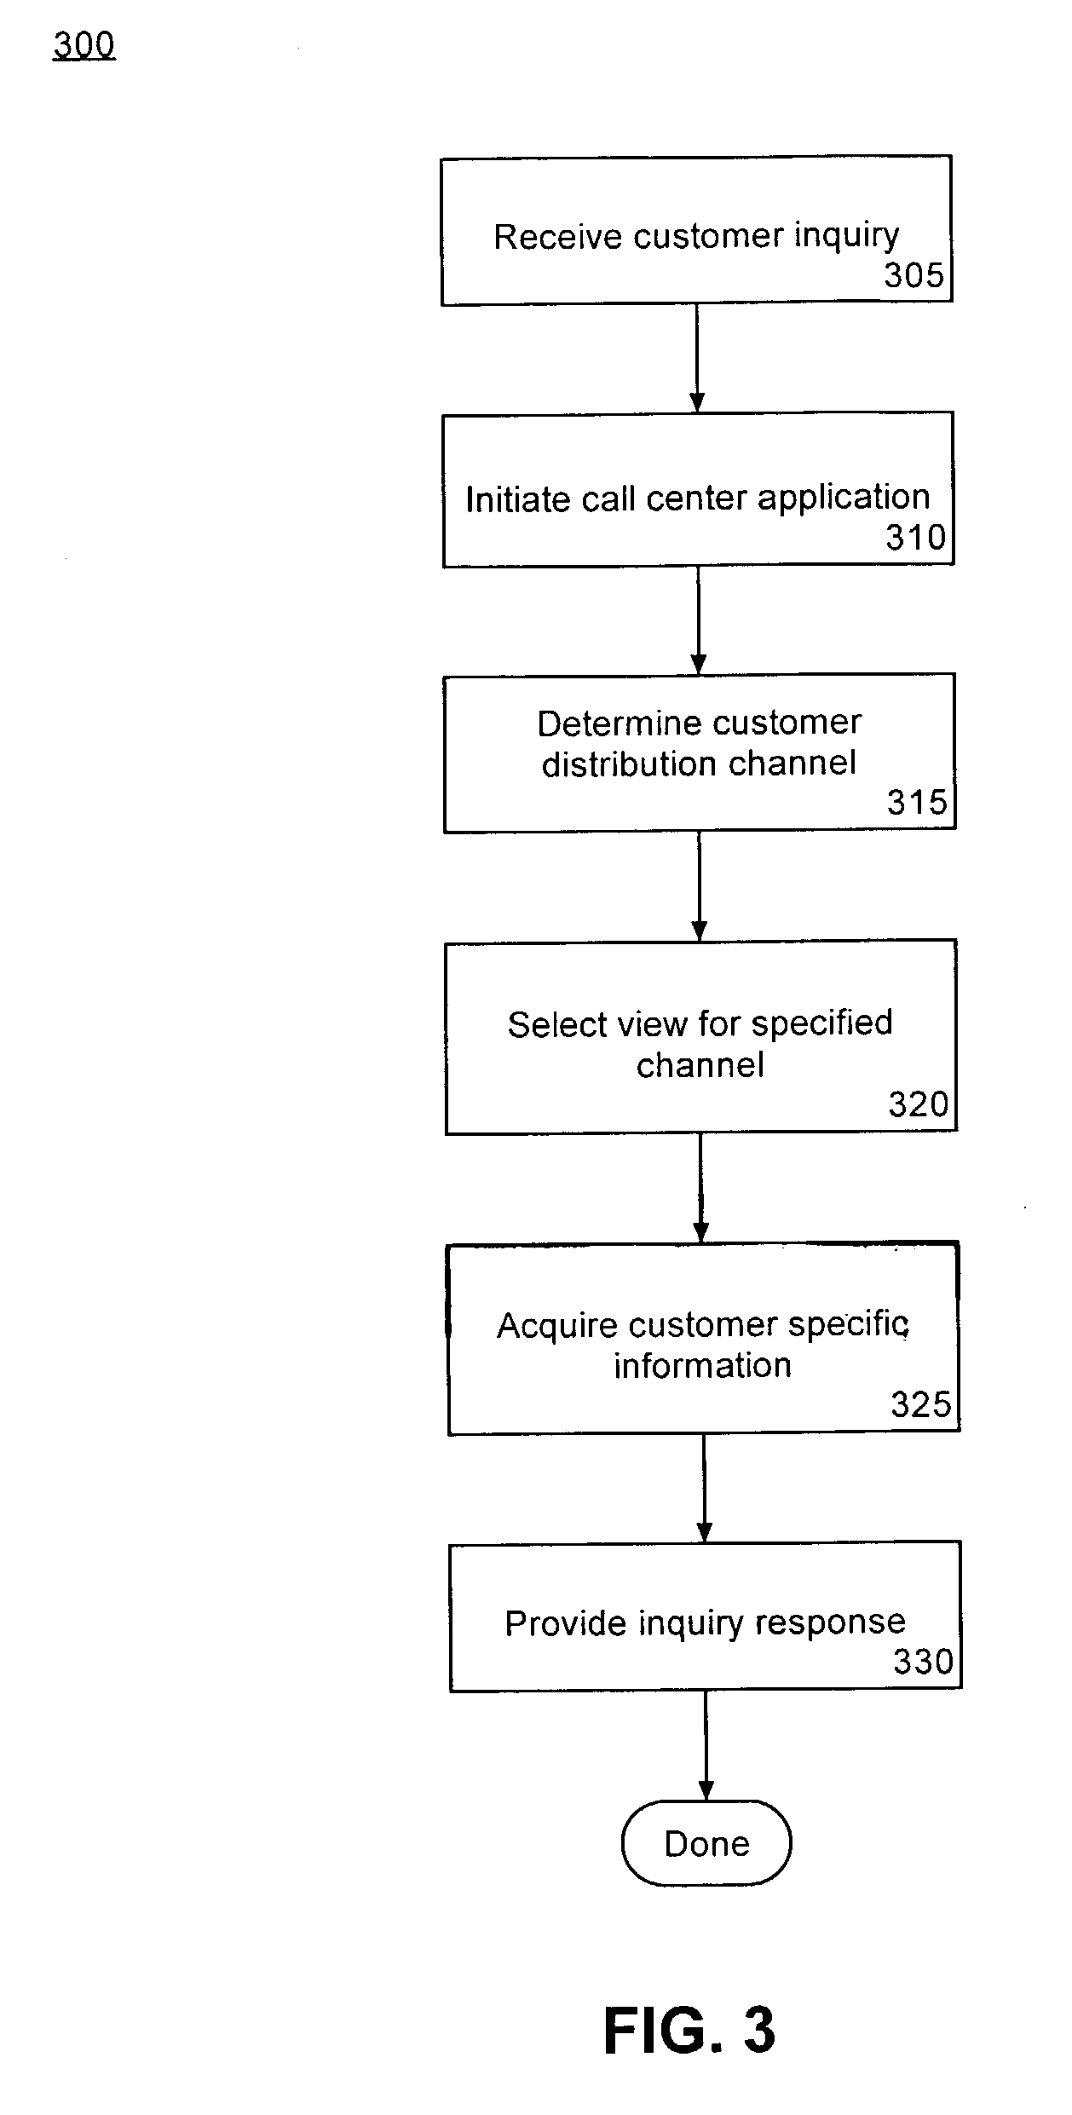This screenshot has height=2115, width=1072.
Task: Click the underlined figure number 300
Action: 84,45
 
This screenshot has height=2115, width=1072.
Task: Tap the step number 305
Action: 914,275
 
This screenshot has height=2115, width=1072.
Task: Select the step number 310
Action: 916,538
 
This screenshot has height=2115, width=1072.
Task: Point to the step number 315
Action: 918,802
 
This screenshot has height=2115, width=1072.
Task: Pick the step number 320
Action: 919,1104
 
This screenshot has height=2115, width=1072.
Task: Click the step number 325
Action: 921,1404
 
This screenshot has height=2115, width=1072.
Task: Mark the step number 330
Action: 923,1662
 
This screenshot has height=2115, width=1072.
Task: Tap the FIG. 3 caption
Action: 689,2030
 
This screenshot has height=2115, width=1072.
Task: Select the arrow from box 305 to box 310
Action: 697,358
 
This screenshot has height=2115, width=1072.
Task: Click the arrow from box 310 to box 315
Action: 699,620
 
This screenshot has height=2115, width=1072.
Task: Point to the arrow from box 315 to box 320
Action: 700,886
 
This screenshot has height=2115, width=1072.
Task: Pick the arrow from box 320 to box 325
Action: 701,1188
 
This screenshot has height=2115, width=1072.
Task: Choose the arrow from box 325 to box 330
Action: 704,1489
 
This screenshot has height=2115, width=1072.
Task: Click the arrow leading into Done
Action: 706,1746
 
